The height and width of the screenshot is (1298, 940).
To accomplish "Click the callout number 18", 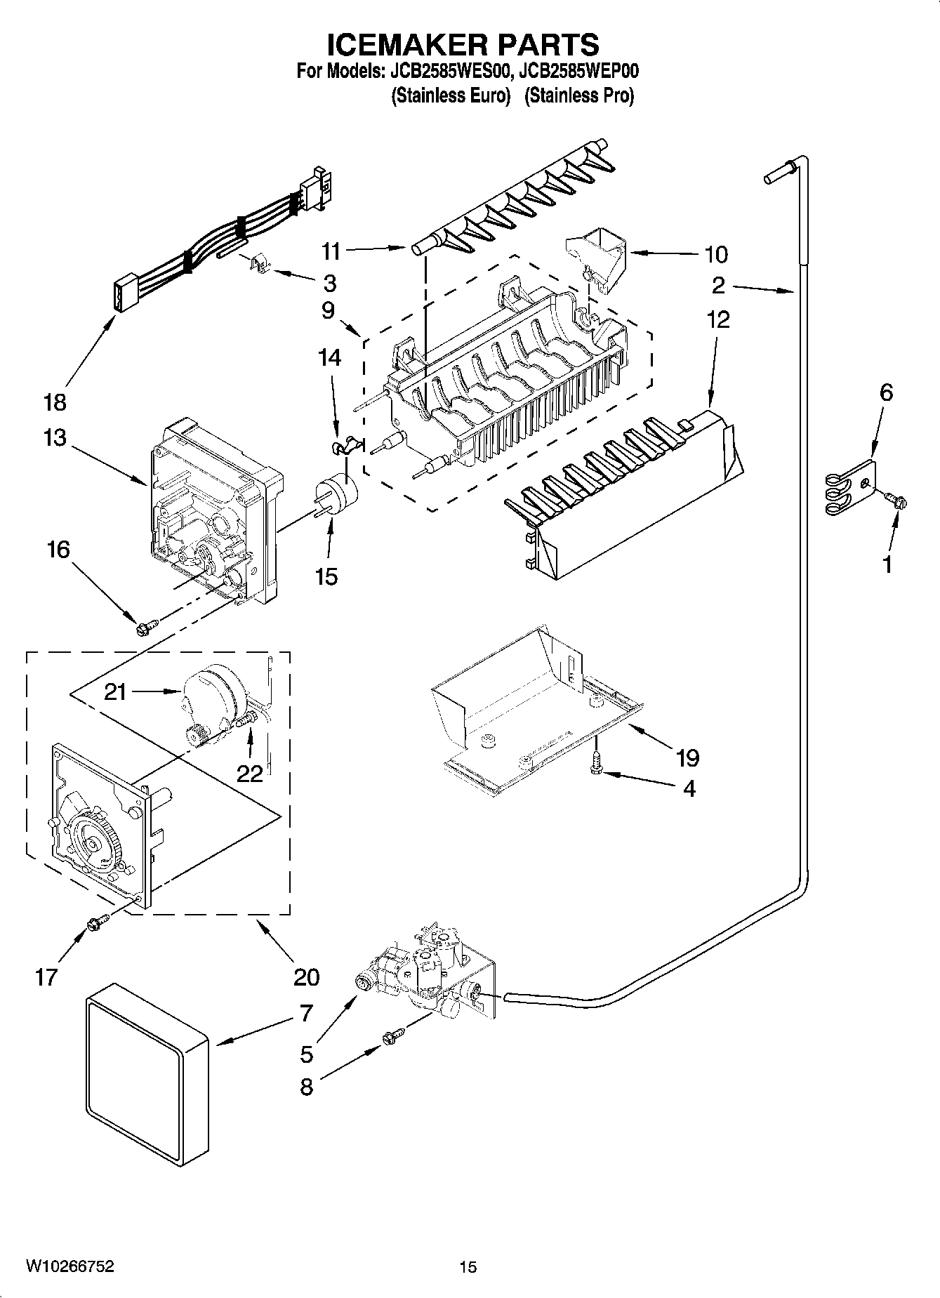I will [x=55, y=402].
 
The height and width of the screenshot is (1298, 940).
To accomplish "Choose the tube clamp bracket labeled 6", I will [x=851, y=486].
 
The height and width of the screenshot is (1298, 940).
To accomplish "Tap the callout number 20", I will [x=307, y=976].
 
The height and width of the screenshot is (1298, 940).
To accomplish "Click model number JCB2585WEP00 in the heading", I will [x=578, y=71].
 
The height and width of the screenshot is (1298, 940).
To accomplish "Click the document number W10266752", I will [x=69, y=1266].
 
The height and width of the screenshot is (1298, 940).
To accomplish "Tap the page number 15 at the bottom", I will [x=468, y=1267].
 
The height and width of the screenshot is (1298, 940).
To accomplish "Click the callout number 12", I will [x=717, y=319].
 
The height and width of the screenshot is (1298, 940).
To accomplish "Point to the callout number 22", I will [x=249, y=773].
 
